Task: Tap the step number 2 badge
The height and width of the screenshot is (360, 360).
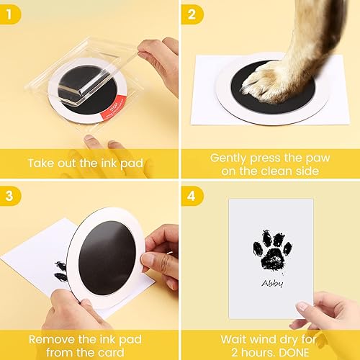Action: pyautogui.click(x=192, y=12)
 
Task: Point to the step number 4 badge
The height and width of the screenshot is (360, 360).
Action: pyautogui.click(x=192, y=194)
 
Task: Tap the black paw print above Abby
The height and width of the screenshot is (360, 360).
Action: pyautogui.click(x=271, y=248)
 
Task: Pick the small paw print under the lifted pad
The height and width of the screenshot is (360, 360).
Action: pyautogui.click(x=61, y=271)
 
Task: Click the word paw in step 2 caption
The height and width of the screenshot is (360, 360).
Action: pyautogui.click(x=313, y=156)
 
